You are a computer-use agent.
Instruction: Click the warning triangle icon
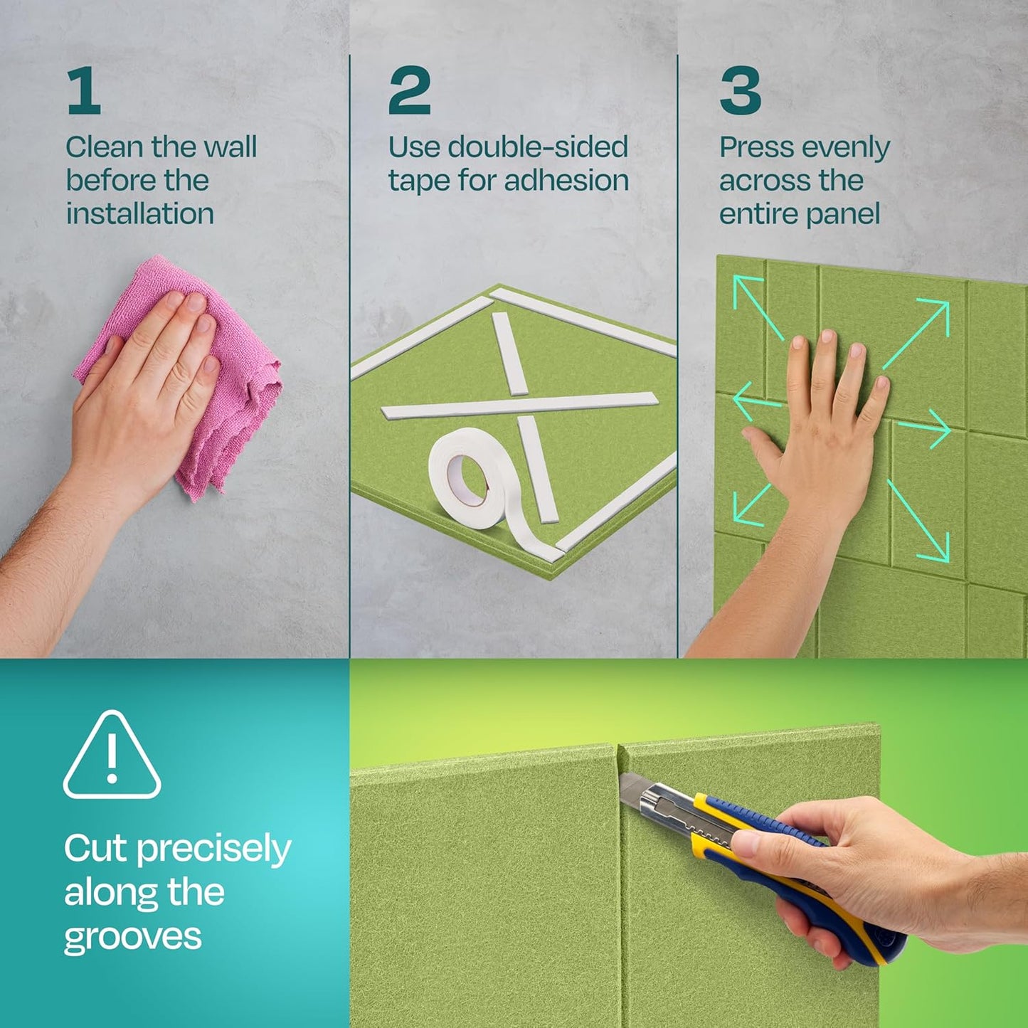coord(112,756)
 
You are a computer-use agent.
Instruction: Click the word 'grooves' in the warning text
coord(132,936)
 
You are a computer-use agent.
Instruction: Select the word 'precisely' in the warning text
coord(213,849)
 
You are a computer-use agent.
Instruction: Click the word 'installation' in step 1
coord(140,213)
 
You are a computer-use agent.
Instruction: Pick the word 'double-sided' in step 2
coord(538,147)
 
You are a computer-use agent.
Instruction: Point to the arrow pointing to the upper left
coord(757,307)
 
